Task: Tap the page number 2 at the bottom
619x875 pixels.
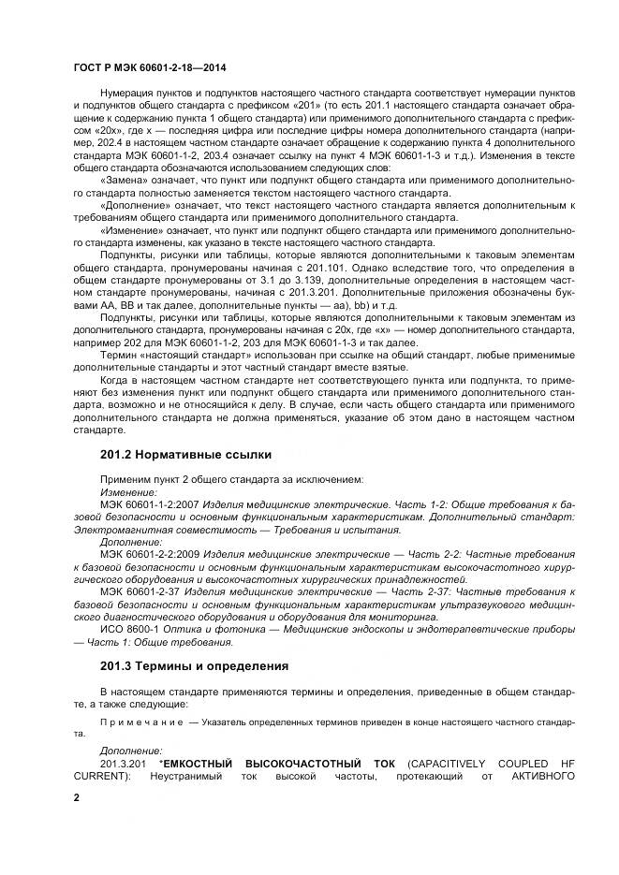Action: (x=77, y=797)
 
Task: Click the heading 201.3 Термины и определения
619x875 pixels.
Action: (x=192, y=665)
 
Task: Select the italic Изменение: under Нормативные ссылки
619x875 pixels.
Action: (x=128, y=492)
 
